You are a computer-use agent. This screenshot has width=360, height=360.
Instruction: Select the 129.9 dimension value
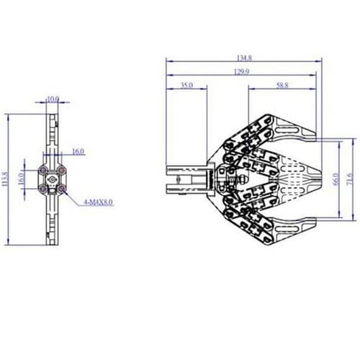242,72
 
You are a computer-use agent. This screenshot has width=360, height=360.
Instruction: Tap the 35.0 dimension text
186,86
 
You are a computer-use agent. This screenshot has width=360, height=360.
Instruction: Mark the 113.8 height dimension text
5,178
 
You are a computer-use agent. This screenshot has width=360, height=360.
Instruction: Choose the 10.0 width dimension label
53,99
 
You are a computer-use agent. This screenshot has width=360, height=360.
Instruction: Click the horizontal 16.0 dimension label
78,151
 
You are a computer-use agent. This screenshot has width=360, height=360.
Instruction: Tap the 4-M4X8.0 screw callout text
98,204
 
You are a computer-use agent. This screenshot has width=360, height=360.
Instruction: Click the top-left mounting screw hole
45,170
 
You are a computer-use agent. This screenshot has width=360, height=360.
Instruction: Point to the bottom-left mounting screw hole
45,188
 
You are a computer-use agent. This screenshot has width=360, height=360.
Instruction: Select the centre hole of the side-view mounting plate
53,179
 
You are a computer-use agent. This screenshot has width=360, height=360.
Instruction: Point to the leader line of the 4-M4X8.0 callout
74,197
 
